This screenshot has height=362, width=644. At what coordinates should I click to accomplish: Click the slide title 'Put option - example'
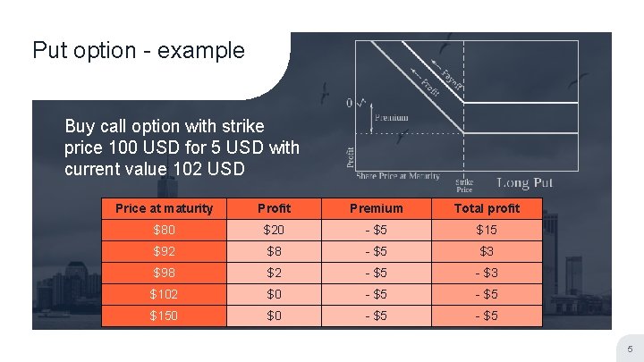point(138,50)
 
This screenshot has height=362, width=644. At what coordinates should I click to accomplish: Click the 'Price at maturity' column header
point(164,208)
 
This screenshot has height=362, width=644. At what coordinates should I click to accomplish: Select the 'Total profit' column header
point(487,208)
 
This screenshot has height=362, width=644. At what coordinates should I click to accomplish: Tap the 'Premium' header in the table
point(376,208)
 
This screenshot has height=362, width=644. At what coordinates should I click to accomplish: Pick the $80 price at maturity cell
point(164,230)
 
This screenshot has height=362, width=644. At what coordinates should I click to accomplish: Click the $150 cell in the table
point(164,316)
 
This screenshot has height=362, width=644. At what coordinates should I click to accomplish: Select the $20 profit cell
point(274,230)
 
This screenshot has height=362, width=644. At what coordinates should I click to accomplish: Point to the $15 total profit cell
point(487,230)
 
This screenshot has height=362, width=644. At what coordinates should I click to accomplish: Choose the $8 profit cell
point(274,251)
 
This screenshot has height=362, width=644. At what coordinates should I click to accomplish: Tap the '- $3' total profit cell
point(487,273)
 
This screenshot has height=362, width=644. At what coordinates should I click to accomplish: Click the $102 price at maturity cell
point(164,294)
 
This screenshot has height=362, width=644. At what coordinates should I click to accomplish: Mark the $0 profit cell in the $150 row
point(274,316)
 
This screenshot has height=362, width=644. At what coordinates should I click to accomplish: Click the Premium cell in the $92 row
point(376,251)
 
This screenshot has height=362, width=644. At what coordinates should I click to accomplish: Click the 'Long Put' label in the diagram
point(525,183)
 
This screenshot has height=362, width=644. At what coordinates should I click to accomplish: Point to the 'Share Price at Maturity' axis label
point(399,176)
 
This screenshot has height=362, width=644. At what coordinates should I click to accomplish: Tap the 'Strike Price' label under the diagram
point(464,185)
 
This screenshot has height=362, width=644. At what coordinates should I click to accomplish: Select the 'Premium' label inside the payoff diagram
point(391,117)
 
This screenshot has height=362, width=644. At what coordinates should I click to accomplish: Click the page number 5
point(629,348)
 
